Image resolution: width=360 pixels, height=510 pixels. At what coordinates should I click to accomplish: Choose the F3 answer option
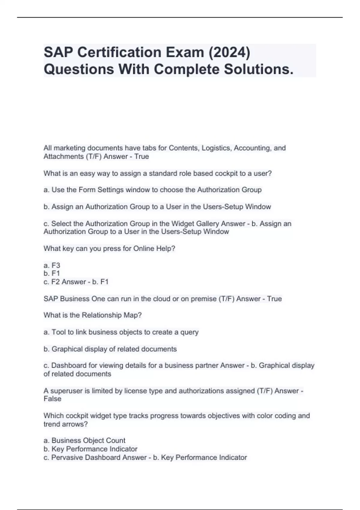[x=56, y=265]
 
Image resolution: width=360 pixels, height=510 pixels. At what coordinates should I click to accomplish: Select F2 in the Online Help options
[x=56, y=282]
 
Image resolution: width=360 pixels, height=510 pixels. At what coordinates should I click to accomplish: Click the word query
[x=189, y=332]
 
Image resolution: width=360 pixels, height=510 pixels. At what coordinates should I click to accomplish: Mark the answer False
[x=52, y=399]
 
